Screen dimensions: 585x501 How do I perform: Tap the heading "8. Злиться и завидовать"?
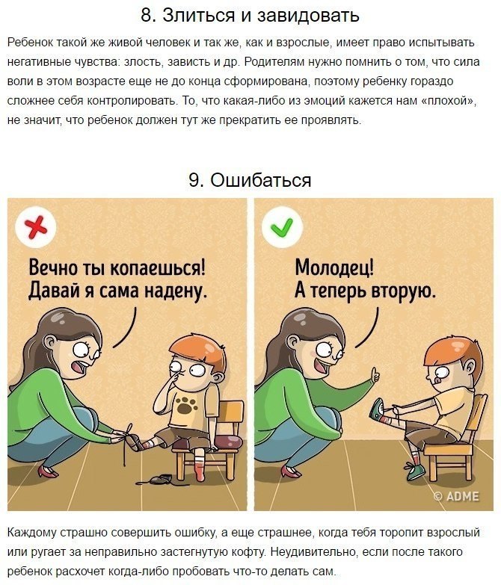point(250,16)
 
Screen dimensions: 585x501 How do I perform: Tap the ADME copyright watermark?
point(458,495)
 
